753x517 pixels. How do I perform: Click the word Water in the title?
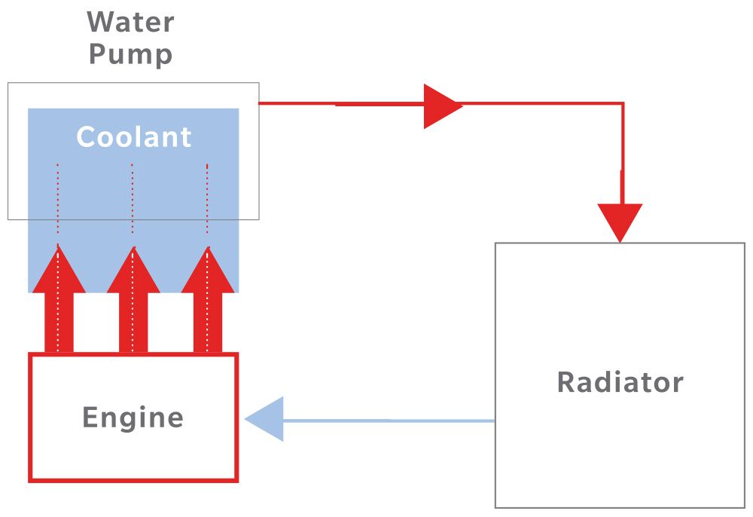(x=130, y=22)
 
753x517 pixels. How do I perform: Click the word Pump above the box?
(x=130, y=54)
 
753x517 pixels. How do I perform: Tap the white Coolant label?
(x=134, y=137)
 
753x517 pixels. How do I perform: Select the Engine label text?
(x=133, y=418)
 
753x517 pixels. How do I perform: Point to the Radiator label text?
(x=620, y=382)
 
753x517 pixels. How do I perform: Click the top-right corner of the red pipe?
(x=622, y=103)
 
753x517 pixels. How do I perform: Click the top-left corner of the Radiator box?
(x=495, y=243)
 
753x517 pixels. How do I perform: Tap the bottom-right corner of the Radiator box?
(x=744, y=507)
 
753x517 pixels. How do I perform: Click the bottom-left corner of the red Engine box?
(x=30, y=480)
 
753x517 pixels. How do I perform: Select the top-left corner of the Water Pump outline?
(x=8, y=83)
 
